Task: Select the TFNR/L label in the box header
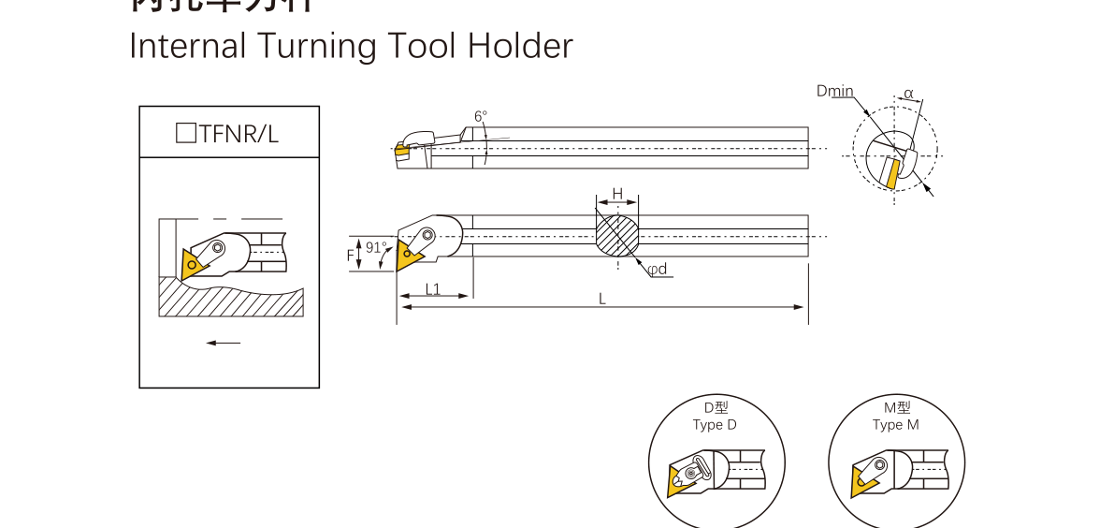click(x=239, y=133)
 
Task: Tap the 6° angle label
click(x=481, y=117)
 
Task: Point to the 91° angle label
click(x=376, y=248)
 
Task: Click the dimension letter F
click(x=351, y=255)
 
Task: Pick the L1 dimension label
click(x=433, y=288)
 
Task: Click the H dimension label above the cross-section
click(x=617, y=194)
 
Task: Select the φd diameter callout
click(x=658, y=270)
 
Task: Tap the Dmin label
click(x=834, y=91)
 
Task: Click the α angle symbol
click(x=908, y=95)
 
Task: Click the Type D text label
click(x=715, y=425)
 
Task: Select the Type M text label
click(x=895, y=425)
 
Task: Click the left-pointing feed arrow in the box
click(x=224, y=343)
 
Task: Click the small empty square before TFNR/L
click(x=185, y=133)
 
